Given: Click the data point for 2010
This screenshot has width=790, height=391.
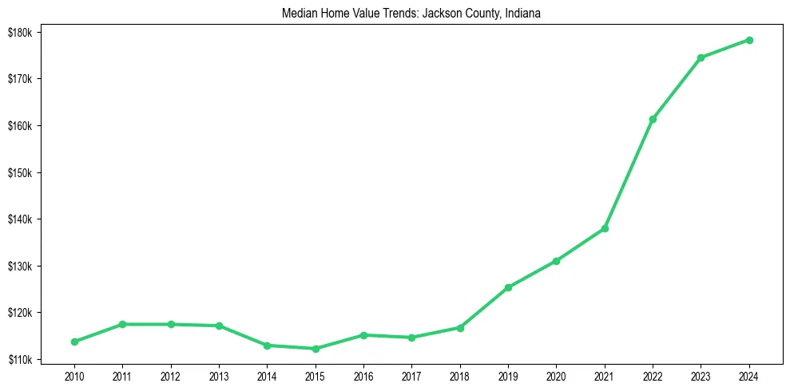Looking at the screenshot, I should click(x=74, y=342).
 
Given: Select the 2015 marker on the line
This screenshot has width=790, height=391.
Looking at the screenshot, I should click(x=316, y=349).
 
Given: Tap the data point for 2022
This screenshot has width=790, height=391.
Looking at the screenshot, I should click(x=653, y=119).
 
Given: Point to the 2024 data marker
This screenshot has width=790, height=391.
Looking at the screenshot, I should click(x=749, y=40).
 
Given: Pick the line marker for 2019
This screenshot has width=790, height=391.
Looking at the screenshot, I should click(x=508, y=287).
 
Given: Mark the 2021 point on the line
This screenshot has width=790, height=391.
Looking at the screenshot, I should click(x=605, y=228).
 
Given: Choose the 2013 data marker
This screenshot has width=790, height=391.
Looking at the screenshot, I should click(x=219, y=326).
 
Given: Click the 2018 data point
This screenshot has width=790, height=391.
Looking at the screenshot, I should click(x=460, y=328).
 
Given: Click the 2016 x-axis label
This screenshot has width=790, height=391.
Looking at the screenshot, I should click(x=363, y=375).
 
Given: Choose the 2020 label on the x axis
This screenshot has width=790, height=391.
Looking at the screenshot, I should click(x=556, y=375).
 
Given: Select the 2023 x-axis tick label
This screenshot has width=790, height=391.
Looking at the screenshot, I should click(x=701, y=375).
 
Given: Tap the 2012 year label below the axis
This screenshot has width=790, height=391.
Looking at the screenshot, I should click(x=171, y=375).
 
